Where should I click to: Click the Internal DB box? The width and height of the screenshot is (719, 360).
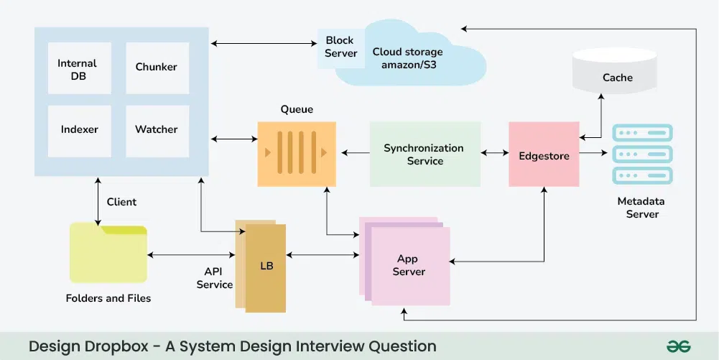[x=78, y=69]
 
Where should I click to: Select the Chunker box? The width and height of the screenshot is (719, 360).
[x=157, y=68]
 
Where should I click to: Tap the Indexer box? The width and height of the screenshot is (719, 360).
[x=79, y=130]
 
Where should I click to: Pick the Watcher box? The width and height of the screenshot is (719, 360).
[x=157, y=130]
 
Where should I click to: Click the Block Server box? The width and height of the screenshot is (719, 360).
[x=340, y=47]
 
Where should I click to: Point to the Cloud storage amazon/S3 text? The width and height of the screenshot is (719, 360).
[x=408, y=58]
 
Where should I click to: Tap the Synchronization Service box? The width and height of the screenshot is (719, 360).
[x=425, y=154]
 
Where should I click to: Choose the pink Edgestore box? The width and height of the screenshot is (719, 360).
[x=544, y=155]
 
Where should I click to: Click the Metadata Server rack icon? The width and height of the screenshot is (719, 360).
[x=642, y=155]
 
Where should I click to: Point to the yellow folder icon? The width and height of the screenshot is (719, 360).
[x=108, y=254]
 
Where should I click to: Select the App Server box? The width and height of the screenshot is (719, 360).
[x=408, y=264]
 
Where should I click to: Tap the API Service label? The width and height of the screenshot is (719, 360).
[x=214, y=278]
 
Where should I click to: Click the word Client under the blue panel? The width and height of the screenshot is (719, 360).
[x=122, y=202]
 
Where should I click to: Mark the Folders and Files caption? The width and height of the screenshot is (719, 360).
[x=108, y=297]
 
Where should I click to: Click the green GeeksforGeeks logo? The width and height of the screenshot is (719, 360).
[x=678, y=346]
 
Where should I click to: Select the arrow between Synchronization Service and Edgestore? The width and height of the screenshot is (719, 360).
[x=494, y=153]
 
